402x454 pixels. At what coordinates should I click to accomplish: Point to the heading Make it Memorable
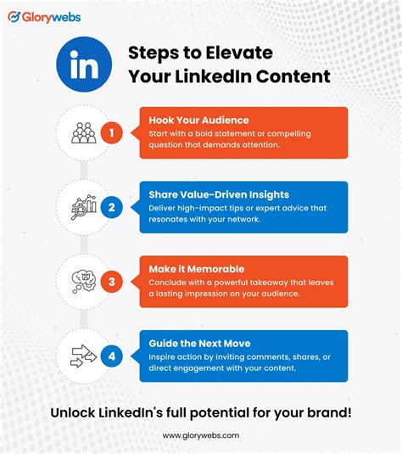(197, 269)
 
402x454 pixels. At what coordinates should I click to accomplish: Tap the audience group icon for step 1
(83, 132)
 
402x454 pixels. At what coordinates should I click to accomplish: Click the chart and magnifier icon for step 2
(83, 206)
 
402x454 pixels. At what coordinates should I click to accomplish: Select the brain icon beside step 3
(83, 280)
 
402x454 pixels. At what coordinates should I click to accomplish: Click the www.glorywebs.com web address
(201, 435)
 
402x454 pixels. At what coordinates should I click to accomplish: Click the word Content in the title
(296, 76)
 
